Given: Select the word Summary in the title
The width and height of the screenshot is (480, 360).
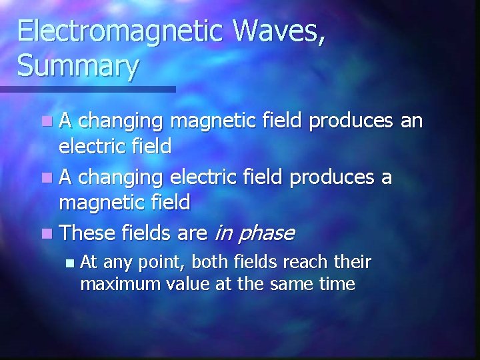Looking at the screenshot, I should [x=79, y=66].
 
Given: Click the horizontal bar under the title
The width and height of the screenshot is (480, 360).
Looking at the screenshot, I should [x=87, y=89].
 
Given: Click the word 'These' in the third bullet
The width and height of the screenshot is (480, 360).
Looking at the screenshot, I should [x=87, y=233].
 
